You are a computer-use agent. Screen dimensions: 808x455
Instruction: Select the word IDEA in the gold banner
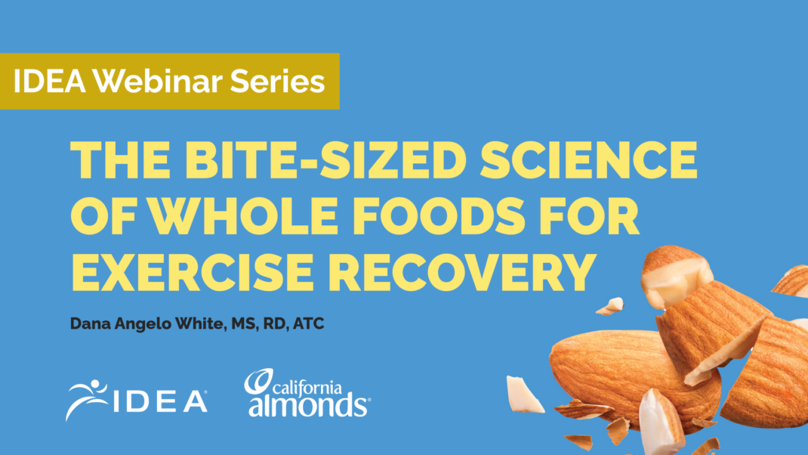(50, 81)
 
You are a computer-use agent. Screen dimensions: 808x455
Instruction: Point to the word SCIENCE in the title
(588, 159)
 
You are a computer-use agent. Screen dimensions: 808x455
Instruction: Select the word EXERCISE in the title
(193, 271)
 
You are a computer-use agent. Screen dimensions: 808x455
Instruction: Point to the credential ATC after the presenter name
(308, 323)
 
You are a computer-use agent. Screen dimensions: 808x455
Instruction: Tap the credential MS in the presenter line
(242, 324)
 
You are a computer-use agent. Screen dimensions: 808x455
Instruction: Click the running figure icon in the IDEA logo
(85, 399)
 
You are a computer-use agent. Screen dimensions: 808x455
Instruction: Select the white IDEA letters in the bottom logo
(160, 401)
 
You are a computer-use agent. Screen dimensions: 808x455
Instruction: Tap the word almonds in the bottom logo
(307, 405)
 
